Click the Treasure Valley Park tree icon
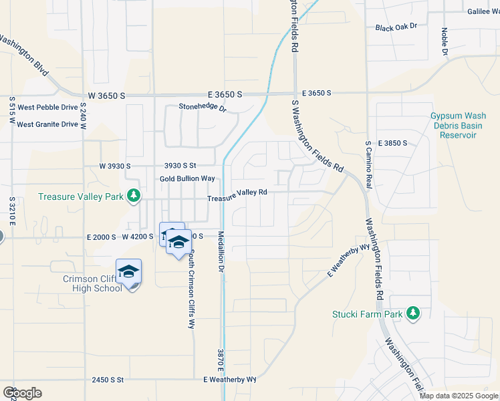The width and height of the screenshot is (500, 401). tap(134, 195)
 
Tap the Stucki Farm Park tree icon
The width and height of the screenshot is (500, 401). tap(413, 313)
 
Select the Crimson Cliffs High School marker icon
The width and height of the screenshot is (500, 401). tap(128, 271)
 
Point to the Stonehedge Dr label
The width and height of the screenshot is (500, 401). tap(203, 107)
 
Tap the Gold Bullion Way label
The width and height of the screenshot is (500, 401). tap(187, 178)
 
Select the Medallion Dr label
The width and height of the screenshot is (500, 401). tap(220, 251)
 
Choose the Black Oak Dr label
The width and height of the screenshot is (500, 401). tap(396, 27)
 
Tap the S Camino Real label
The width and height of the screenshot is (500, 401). tap(368, 164)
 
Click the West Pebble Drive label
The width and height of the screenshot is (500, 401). tap(47, 107)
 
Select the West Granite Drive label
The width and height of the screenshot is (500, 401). tap(47, 124)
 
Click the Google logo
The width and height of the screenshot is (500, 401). tap(21, 393)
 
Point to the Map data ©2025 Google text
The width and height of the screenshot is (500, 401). tap(459, 396)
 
